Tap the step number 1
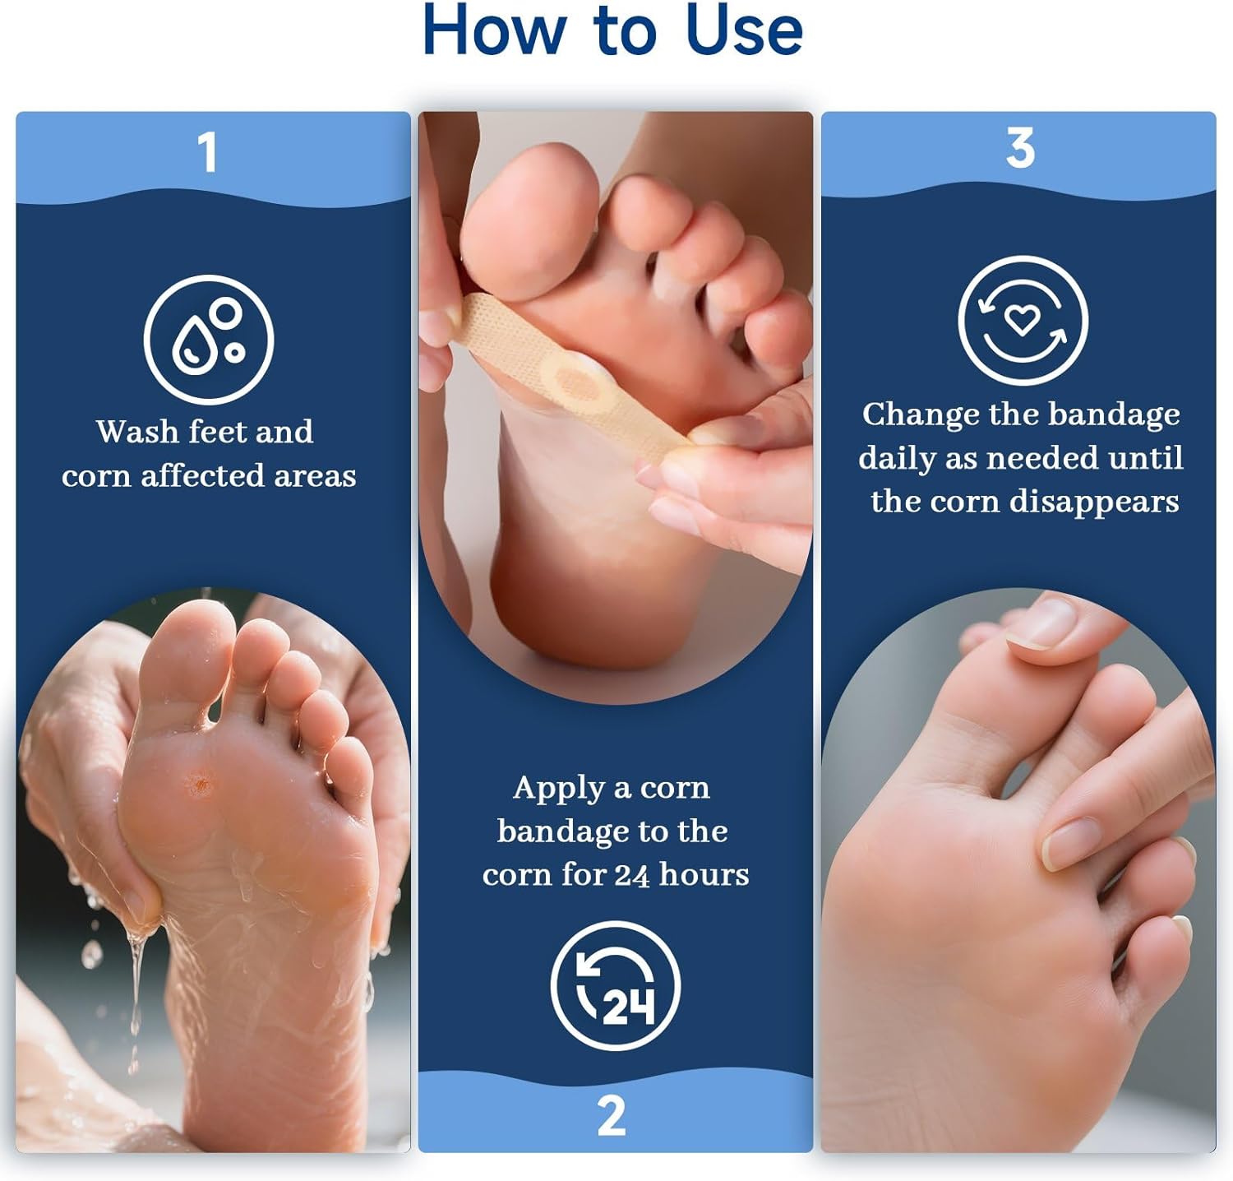click(207, 152)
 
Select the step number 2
click(612, 1115)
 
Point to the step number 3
click(1020, 148)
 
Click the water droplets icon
click(209, 340)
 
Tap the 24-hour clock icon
click(616, 985)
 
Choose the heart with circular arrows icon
click(1023, 320)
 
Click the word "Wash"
click(137, 432)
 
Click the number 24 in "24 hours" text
click(631, 875)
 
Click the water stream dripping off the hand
click(136, 987)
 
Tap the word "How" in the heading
click(493, 30)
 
